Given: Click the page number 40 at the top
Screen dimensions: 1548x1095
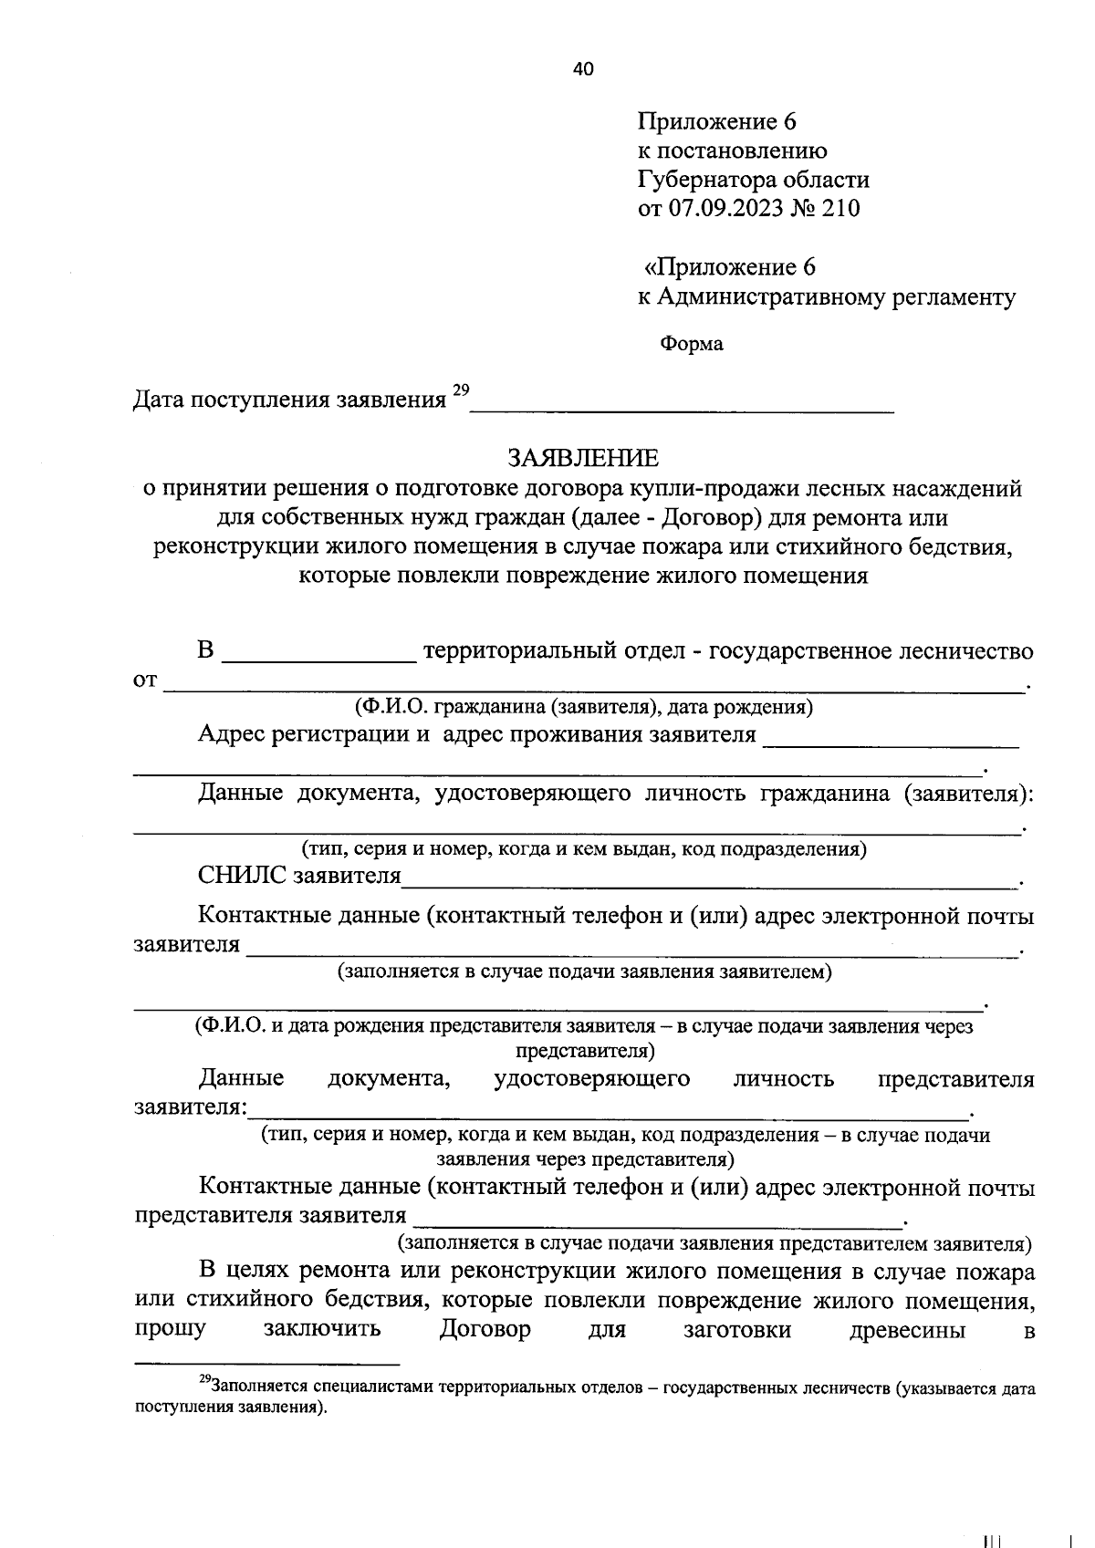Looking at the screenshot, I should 583,69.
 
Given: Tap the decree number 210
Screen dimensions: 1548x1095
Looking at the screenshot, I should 840,209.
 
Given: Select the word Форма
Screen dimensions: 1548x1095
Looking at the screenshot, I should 691,344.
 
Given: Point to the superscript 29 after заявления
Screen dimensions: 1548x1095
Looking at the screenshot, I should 460,391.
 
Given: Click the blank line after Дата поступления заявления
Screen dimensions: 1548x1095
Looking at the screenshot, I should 681,408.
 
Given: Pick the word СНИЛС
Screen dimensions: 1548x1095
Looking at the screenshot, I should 242,877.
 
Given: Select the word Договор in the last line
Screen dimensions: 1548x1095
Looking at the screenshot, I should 485,1329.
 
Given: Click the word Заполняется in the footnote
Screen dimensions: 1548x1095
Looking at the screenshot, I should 258,1388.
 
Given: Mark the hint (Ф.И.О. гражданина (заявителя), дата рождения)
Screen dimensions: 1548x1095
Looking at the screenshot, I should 584,707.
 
